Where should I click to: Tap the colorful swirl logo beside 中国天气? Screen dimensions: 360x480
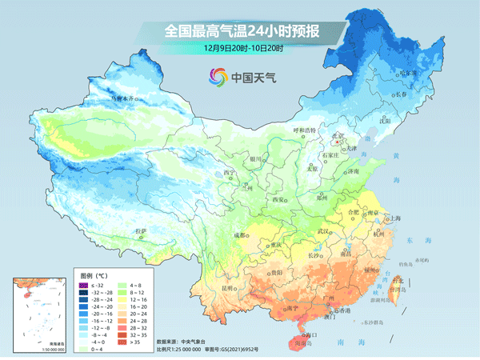pos(218,77)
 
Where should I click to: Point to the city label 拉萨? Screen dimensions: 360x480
pos(142,231)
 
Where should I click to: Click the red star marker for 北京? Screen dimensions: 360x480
pos(338,142)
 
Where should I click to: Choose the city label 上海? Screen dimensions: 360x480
pos(393,218)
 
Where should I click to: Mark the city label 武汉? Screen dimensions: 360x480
pos(323,231)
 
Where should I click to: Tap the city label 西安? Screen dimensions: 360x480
pos(278,199)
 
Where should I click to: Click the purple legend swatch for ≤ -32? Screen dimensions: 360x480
pos(82,286)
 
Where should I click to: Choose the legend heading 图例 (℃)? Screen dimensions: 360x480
pos(93,273)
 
